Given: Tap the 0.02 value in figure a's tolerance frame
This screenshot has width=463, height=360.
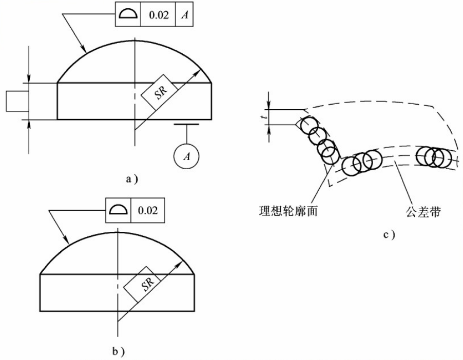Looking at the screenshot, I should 158,14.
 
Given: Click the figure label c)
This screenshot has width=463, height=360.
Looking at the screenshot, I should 390,235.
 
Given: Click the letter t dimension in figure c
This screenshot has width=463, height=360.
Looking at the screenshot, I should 264,117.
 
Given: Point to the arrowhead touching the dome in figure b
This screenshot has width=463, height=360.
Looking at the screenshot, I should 67,240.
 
